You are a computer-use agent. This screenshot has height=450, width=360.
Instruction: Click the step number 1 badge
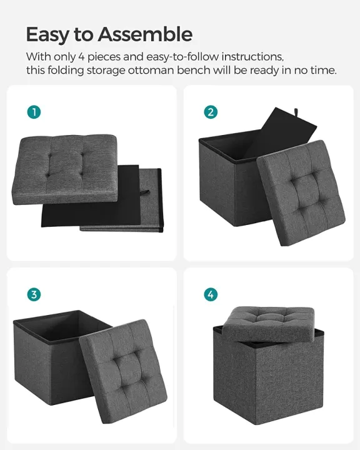pos(34,112)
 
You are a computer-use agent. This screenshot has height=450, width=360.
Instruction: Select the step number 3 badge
pos(34,294)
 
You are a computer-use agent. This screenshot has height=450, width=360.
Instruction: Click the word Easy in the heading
pos(47,34)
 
